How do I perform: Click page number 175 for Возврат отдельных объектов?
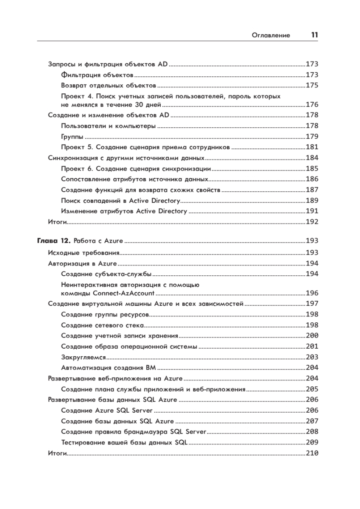[x=312, y=85]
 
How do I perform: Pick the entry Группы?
[x=72, y=137]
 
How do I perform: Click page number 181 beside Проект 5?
[x=312, y=148]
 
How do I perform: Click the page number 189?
[x=312, y=200]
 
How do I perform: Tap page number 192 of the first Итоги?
[x=312, y=221]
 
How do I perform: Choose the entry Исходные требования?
[x=84, y=253]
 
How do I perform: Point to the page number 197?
[x=312, y=304]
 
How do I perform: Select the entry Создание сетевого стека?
[x=102, y=325]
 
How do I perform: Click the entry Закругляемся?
[x=84, y=357]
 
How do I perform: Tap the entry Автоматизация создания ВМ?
[x=109, y=368]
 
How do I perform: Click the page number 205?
[x=312, y=389]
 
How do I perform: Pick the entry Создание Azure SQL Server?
[x=107, y=410]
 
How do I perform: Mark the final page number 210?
[x=312, y=453]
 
